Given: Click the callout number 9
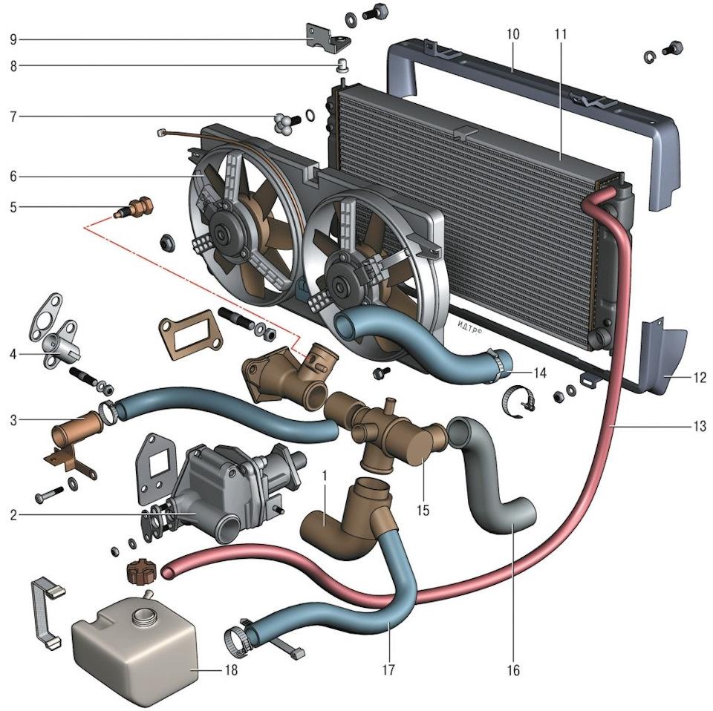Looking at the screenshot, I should [x=13, y=38].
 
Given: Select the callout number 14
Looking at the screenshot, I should [x=540, y=373].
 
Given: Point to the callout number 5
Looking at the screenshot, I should [x=13, y=208].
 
